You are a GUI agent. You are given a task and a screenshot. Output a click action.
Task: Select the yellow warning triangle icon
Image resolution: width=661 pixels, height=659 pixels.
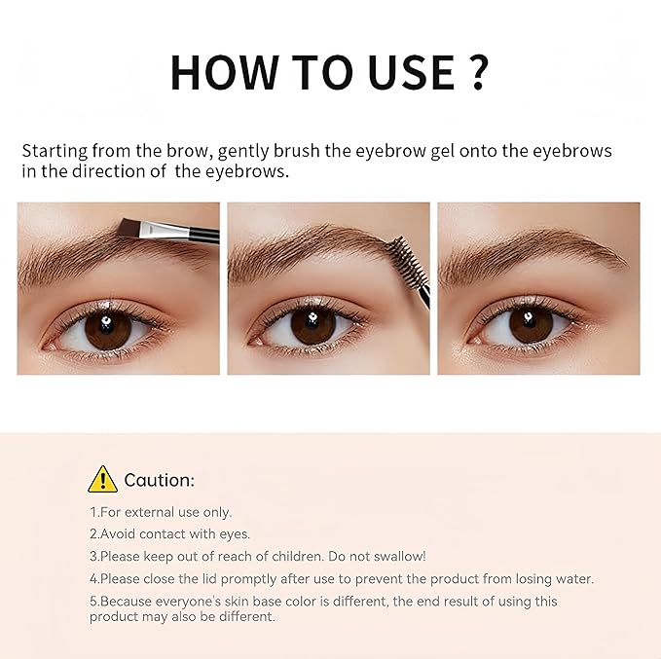102,479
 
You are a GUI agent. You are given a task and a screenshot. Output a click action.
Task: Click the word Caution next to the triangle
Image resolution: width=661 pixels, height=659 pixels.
159,480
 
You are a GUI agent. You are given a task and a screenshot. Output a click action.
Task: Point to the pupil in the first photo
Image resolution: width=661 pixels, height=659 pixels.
103,329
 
